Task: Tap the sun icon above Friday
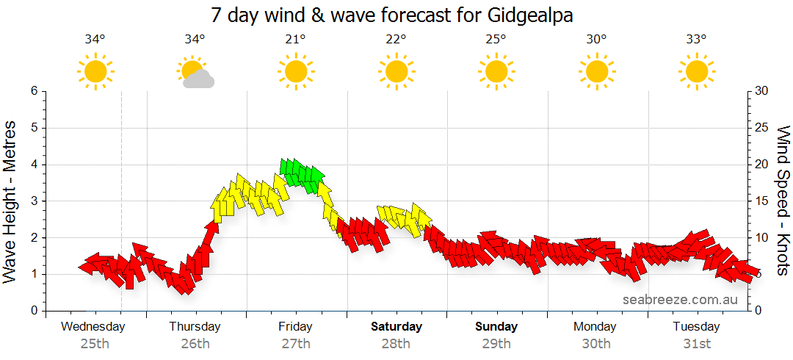(295, 72)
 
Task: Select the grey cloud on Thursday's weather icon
(199, 80)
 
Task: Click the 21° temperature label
(295, 40)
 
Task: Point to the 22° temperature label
(396, 40)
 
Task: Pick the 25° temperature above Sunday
(496, 40)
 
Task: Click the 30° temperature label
(596, 40)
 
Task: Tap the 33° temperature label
(697, 40)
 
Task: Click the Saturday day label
(396, 326)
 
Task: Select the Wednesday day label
(93, 326)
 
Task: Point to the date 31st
(697, 343)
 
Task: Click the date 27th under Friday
(295, 343)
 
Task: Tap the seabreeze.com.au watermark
(680, 300)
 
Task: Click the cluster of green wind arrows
(302, 176)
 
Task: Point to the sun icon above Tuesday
(697, 72)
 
